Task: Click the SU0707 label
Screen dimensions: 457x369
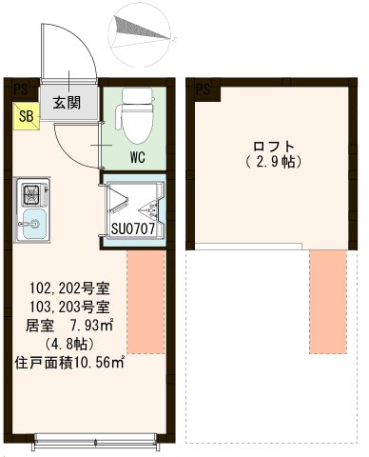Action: pyautogui.click(x=132, y=228)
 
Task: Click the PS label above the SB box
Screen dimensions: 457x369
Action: pyautogui.click(x=21, y=89)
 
